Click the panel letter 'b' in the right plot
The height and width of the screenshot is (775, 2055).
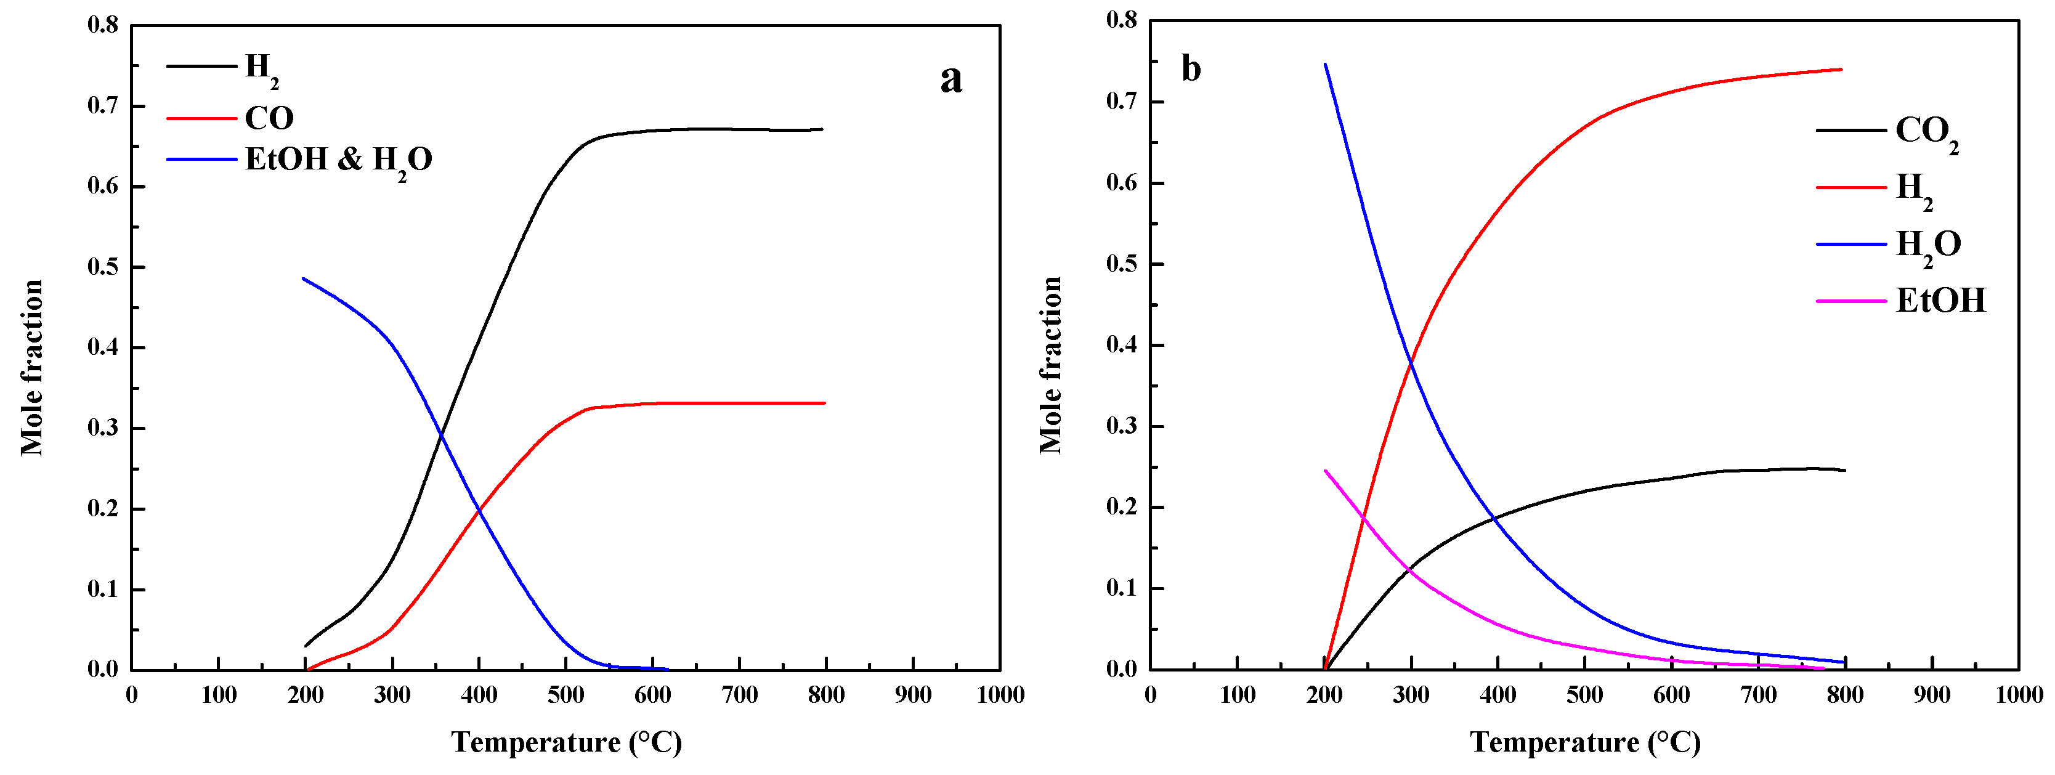pyautogui.click(x=1190, y=70)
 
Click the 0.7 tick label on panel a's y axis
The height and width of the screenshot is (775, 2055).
pyautogui.click(x=102, y=105)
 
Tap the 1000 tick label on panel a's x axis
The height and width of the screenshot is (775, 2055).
pyautogui.click(x=1000, y=695)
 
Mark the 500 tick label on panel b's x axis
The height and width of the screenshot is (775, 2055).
pyautogui.click(x=1584, y=695)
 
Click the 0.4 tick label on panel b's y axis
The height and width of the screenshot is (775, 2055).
pyautogui.click(x=1122, y=345)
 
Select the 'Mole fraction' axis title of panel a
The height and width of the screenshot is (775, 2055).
pyautogui.click(x=32, y=367)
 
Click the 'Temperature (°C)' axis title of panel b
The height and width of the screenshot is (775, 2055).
pyautogui.click(x=1585, y=742)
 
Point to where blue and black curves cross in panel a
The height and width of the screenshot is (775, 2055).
pyautogui.click(x=441, y=435)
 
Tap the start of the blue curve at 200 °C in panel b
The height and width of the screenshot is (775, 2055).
pyautogui.click(x=1325, y=64)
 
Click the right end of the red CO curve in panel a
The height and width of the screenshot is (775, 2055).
pyautogui.click(x=825, y=403)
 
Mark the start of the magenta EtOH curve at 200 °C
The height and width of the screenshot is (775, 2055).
pyautogui.click(x=1325, y=470)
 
